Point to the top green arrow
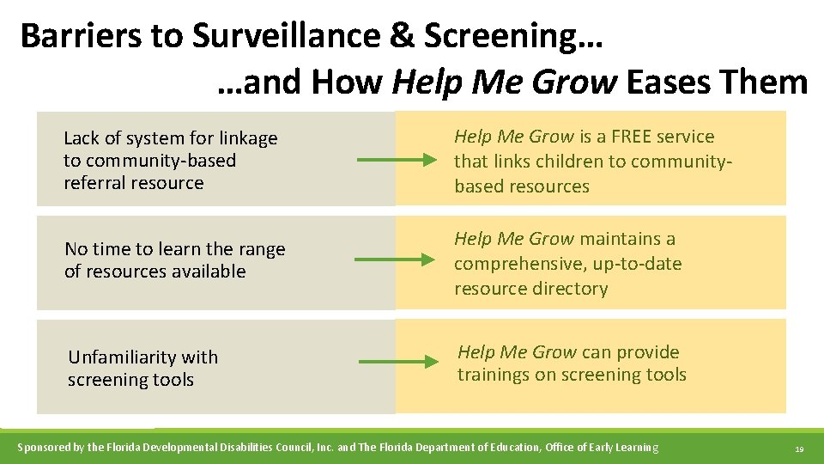(397, 160)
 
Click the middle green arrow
(397, 259)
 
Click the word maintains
(621, 239)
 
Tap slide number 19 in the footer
(799, 449)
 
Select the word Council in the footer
(287, 447)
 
